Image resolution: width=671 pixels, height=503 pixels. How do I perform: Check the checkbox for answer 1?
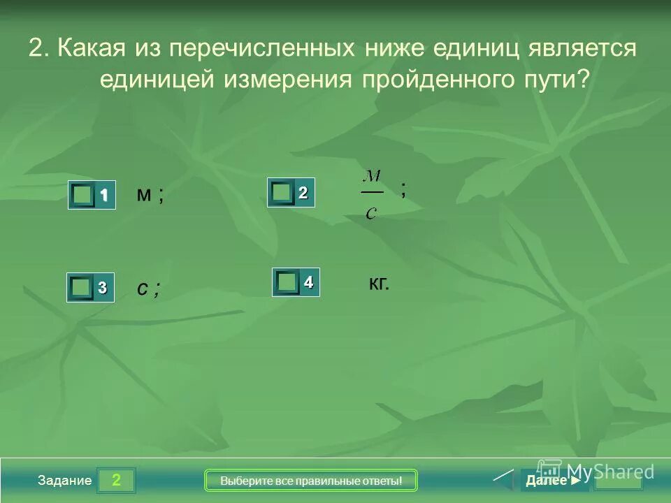pos(83,196)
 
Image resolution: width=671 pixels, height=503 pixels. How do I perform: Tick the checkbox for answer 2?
pos(282,192)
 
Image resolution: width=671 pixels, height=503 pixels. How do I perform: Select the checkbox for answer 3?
pos(81,287)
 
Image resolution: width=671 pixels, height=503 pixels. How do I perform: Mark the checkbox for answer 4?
pos(287,282)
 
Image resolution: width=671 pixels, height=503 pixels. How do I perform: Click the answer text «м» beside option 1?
pos(144,195)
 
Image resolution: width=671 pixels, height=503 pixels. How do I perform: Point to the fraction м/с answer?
pos(372,193)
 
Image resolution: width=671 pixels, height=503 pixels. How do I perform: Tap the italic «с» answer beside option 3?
pos(142,289)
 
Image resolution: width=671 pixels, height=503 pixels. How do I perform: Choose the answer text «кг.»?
pos(378,283)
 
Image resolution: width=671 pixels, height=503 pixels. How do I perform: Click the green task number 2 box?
pos(116,481)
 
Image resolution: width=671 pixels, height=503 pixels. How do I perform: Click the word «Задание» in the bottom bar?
pos(65,481)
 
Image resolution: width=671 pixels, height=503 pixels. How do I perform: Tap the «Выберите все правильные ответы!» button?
pos(311,481)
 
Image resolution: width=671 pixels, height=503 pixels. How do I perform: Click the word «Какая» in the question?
pos(91,49)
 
